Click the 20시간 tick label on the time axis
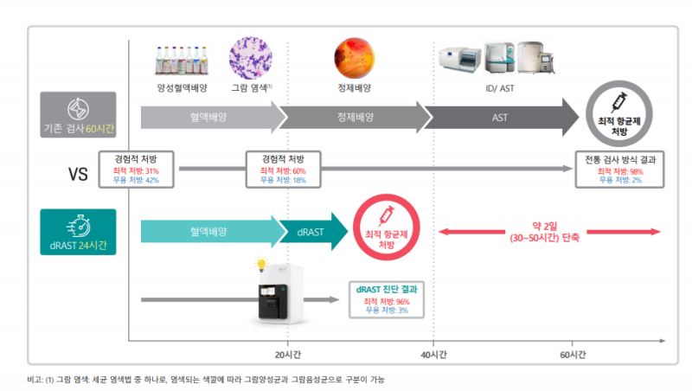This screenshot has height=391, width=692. point(288,355)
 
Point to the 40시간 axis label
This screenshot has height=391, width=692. point(433,355)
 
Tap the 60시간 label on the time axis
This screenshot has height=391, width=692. point(573,355)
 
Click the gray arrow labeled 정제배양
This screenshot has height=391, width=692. point(356,118)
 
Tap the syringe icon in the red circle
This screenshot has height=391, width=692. point(387,216)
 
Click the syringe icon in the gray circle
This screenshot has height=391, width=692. point(619,102)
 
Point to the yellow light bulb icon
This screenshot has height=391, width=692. point(261,264)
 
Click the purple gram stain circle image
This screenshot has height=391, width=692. point(251,58)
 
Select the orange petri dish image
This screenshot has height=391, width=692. point(355,58)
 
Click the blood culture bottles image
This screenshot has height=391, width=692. point(182,60)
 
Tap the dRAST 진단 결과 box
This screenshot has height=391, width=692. point(387,299)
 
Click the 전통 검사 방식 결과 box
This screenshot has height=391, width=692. point(619,170)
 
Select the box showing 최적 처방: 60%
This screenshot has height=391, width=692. point(284,170)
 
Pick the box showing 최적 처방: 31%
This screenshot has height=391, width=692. point(136,170)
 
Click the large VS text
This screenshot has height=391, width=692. point(78,174)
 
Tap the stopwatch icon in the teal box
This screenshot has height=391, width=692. point(79,225)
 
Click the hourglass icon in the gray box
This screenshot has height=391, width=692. point(78,109)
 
